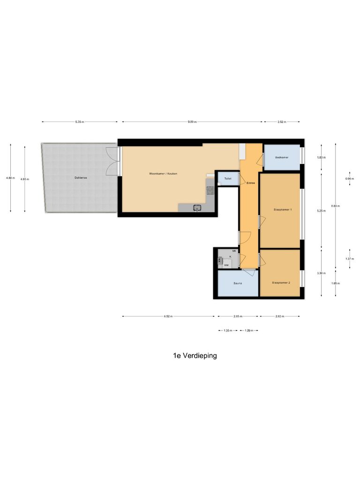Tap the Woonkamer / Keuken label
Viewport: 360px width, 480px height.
point(163,173)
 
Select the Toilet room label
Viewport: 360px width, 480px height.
point(228,179)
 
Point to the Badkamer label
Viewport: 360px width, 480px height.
point(281,157)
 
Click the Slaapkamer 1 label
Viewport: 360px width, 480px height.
point(283,210)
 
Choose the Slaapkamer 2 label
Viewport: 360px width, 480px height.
point(281,283)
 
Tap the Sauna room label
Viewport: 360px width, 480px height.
point(238,284)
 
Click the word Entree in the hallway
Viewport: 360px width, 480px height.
point(250,183)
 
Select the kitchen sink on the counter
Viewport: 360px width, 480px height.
point(197,207)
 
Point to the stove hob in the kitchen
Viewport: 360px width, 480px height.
point(210,190)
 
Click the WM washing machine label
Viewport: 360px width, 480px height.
point(226,265)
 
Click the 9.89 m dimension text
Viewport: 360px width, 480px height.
point(192,122)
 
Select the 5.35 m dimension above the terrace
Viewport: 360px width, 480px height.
point(79,122)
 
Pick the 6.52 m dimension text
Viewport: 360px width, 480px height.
point(168,316)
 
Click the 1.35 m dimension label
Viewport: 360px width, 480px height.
point(228,330)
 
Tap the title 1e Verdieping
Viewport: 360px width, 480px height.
point(195,356)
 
